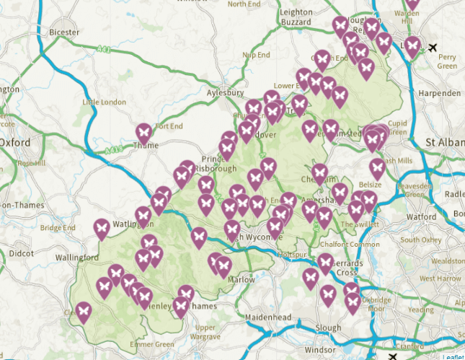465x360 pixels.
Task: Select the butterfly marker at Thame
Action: tap(144, 133)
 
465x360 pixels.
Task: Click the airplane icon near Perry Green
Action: tap(432, 48)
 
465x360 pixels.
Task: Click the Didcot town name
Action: tap(22, 253)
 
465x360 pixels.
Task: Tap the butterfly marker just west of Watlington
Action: tap(102, 228)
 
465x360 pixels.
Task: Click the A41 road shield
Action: tap(103, 49)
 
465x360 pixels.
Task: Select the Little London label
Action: tap(99, 102)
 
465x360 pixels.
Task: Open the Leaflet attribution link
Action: tap(453, 356)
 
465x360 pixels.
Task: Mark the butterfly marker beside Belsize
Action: tap(376, 169)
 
